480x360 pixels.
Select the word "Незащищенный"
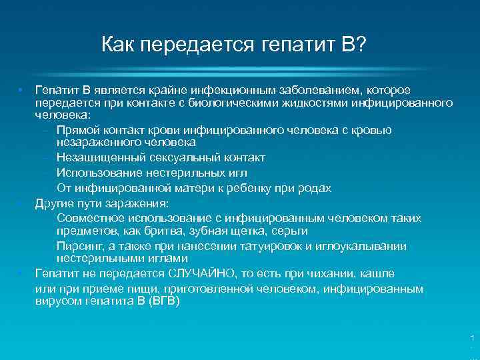coord(99,158)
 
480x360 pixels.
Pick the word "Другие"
coord(54,203)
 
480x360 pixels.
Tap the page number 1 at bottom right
coord(472,339)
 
